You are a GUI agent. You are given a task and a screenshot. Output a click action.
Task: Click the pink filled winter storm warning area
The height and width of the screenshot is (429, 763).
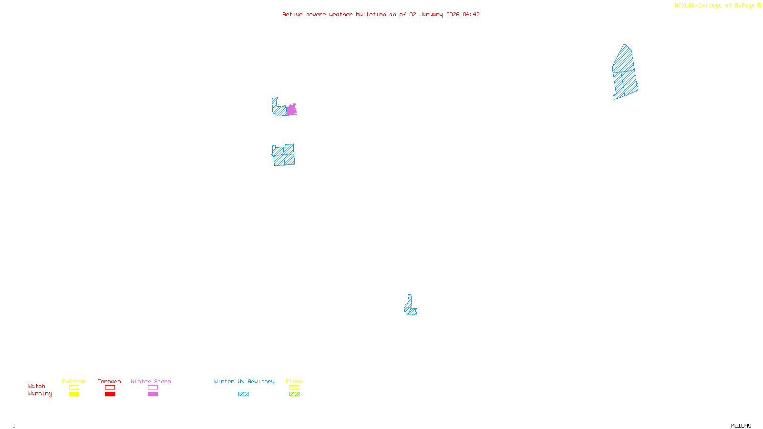(x=291, y=110)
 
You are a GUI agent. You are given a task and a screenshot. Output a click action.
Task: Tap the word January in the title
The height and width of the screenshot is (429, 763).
(x=431, y=14)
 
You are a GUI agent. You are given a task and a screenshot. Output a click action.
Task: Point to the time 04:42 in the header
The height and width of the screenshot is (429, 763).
(x=471, y=14)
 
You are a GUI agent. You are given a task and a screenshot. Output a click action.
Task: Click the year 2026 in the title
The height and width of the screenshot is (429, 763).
(x=453, y=14)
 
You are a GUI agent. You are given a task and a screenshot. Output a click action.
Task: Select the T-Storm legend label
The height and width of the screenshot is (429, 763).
(x=73, y=381)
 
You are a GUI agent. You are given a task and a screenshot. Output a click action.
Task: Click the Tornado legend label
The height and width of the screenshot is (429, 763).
(x=109, y=381)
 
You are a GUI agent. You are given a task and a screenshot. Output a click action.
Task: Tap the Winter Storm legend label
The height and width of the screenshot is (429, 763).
(x=151, y=381)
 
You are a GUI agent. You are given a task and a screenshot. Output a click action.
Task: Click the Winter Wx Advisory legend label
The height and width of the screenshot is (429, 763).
(x=244, y=381)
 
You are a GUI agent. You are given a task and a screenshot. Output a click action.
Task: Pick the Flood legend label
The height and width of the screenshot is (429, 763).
(x=294, y=381)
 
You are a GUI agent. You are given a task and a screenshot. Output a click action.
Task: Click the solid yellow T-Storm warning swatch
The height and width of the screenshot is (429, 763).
(x=74, y=394)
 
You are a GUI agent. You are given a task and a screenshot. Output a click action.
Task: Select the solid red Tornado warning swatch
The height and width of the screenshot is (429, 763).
(x=110, y=394)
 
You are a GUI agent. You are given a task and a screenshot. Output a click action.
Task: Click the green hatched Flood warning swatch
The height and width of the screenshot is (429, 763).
(x=294, y=394)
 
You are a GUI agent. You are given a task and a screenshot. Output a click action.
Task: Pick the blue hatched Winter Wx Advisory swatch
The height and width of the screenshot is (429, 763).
(x=243, y=394)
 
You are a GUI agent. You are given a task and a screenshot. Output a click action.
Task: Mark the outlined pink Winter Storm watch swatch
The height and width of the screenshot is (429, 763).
(x=153, y=388)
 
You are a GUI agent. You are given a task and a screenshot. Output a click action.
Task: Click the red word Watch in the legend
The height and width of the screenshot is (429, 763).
(x=37, y=386)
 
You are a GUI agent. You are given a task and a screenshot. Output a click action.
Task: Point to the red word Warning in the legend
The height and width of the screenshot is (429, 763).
(x=40, y=394)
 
